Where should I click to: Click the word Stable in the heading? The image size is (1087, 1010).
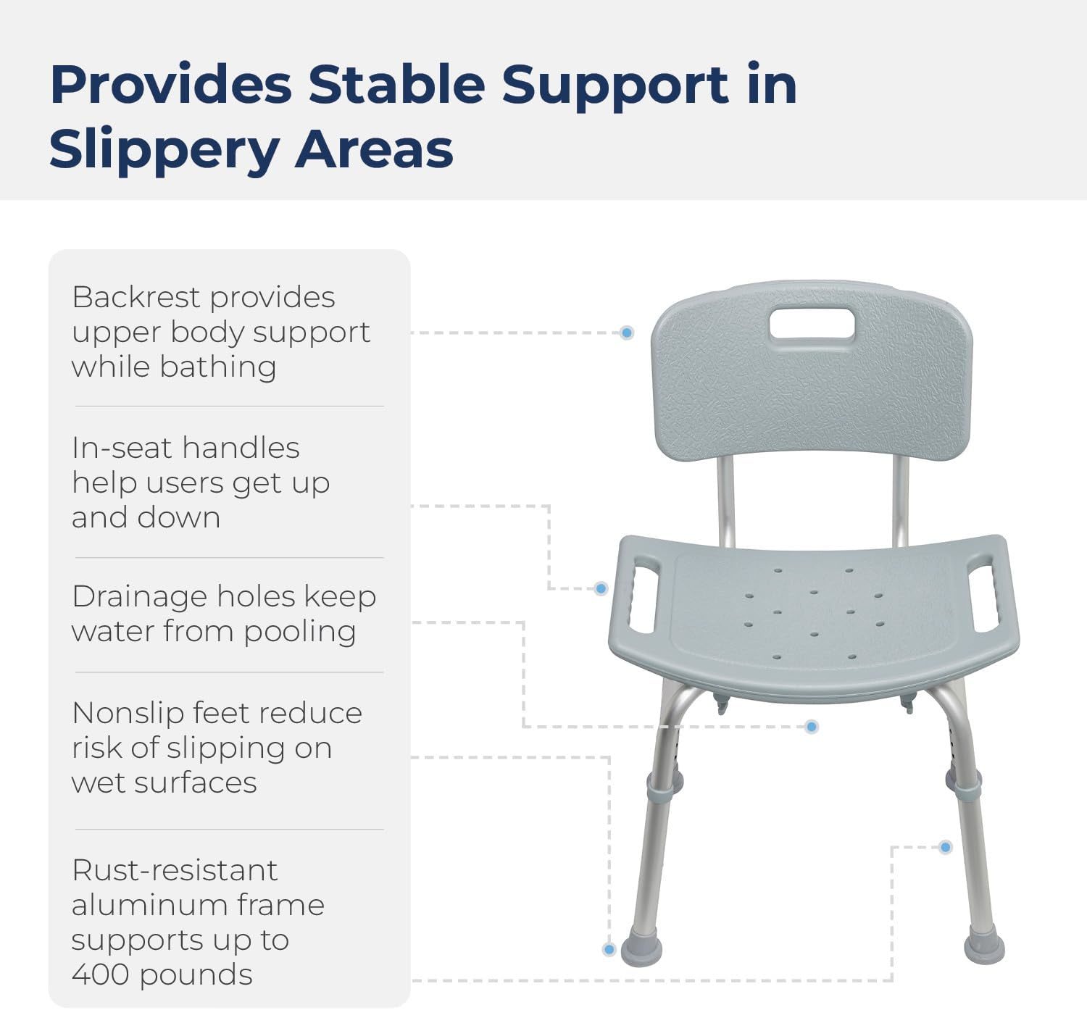point(396,84)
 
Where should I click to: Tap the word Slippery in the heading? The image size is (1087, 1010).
point(164,150)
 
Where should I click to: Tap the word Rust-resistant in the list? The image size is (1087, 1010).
point(175,870)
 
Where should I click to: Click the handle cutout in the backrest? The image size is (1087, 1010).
point(812,324)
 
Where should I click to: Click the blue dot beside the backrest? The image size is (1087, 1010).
point(628,333)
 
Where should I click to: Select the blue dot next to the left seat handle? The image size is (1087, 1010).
point(601,588)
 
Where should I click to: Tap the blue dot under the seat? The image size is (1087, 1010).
point(812,727)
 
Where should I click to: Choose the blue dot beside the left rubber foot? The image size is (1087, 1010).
point(609,949)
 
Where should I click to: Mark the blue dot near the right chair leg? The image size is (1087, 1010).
point(945,847)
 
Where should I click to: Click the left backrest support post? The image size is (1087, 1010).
point(726,501)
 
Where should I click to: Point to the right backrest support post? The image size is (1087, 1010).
point(900,501)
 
